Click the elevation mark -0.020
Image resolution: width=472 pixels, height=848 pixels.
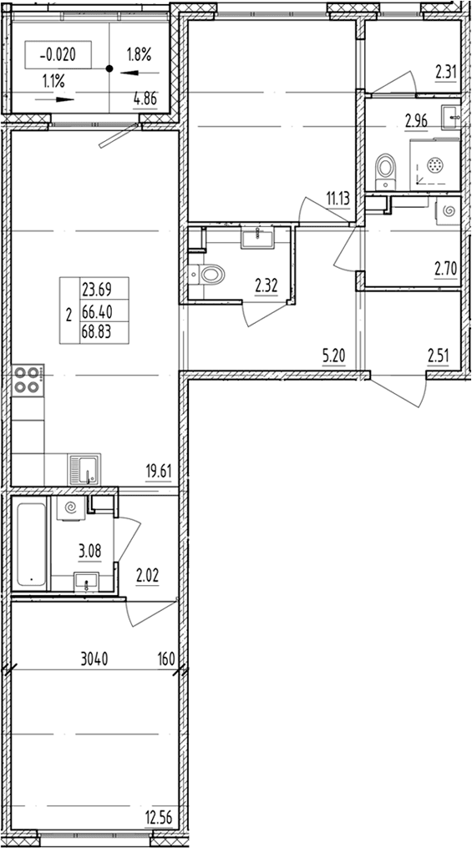tap(58, 54)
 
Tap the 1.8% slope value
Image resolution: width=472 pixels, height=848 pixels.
tap(139, 54)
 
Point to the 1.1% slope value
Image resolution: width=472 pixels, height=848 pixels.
tap(53, 82)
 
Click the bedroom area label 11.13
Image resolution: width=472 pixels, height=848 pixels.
tap(338, 199)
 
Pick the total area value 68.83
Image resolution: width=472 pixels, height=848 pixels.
tap(97, 331)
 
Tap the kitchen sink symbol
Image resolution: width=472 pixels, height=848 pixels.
tap(84, 469)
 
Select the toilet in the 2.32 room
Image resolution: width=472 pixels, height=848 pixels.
tap(207, 275)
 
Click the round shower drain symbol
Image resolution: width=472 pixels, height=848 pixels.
tap(434, 165)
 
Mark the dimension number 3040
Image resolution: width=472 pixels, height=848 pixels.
tap(94, 659)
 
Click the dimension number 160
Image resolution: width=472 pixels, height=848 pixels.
tap(167, 659)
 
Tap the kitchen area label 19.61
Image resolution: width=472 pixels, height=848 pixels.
tap(159, 472)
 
